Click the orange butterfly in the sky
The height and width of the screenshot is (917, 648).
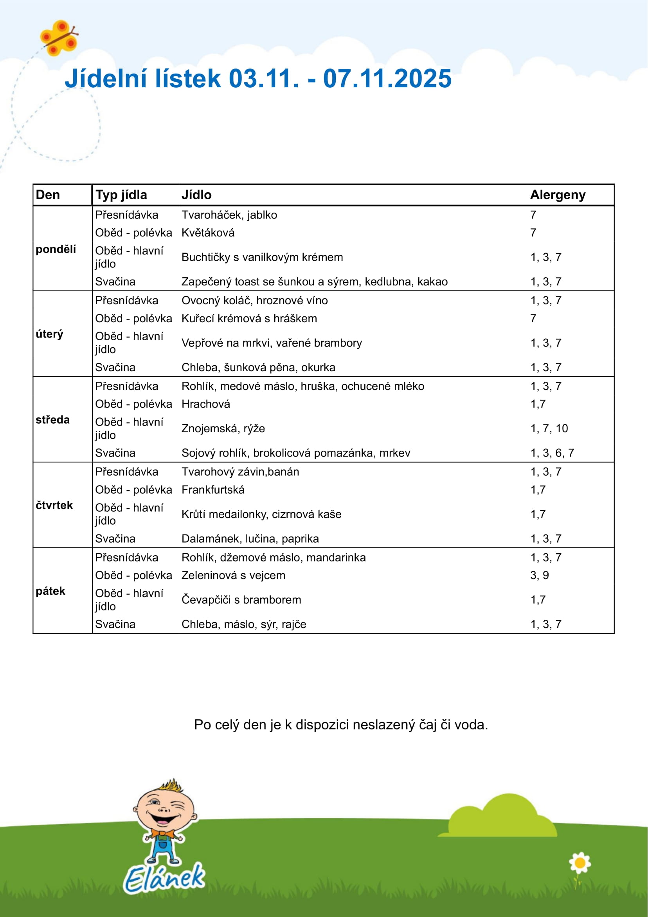pos(59,38)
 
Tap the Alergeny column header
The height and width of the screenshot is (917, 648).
pos(557,195)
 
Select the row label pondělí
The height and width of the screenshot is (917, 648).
pos(56,249)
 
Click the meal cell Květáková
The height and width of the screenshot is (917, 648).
pos(208,233)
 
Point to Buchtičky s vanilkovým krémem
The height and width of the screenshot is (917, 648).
pos(262,257)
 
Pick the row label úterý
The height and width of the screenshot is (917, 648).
pos(50,334)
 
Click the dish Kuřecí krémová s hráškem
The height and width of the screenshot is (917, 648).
pos(249,318)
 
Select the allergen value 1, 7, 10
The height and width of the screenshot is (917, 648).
pos(549,428)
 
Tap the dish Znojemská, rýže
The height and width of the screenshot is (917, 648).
pos(223,428)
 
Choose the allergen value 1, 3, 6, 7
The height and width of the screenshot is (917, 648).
pos(552,453)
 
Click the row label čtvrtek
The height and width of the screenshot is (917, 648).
pos(54,505)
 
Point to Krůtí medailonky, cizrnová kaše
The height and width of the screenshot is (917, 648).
pos(261,514)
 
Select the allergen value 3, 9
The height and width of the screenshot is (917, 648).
pos(539,575)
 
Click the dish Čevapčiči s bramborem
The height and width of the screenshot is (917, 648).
pos(241,599)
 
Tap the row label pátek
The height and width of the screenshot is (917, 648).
pos(50,591)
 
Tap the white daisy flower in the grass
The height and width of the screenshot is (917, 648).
pos(580,863)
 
